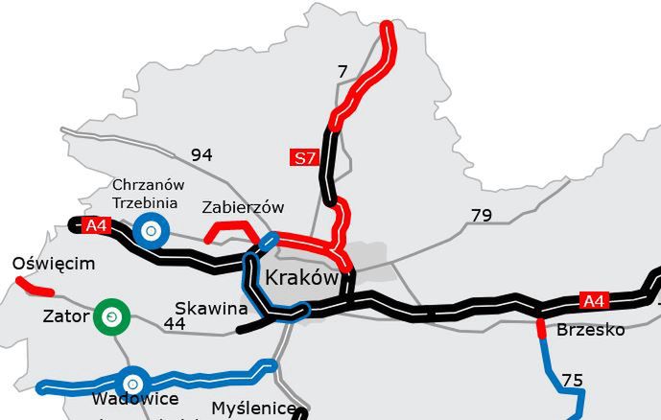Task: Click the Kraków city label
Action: (x=300, y=279)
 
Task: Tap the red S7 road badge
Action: (x=303, y=158)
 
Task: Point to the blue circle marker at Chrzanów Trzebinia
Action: (x=151, y=231)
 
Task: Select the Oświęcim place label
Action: (x=54, y=264)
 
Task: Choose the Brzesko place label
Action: (x=590, y=330)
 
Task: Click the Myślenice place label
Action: (x=253, y=408)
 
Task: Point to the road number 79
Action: (x=482, y=215)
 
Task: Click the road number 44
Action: (x=174, y=324)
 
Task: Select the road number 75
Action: (x=572, y=381)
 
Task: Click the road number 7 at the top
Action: (x=342, y=70)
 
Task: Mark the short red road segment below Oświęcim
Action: (x=35, y=285)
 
